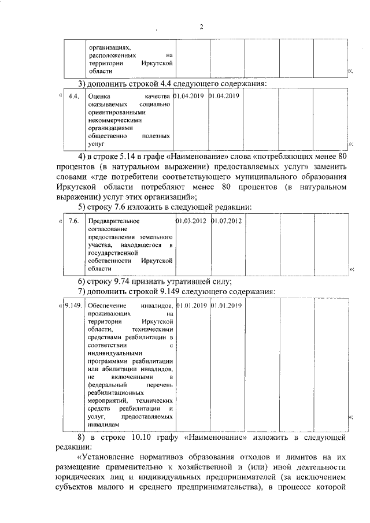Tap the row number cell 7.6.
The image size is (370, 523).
(73, 221)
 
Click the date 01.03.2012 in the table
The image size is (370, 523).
(191, 221)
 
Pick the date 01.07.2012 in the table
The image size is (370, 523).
(226, 221)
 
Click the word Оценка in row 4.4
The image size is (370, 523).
(100, 96)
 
